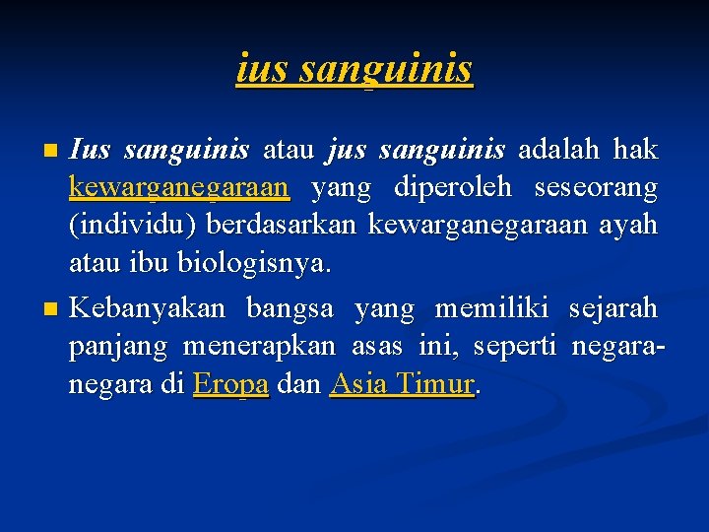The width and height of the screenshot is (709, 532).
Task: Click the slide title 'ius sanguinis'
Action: coord(354,69)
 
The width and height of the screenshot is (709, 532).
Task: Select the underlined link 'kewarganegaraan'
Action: coord(178,187)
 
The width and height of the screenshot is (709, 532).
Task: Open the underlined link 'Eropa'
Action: coord(231,384)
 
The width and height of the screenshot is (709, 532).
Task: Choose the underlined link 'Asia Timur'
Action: coord(403,384)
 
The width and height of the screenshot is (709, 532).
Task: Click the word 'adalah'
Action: coord(560,150)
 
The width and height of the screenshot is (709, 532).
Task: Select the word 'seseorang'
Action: coord(596,187)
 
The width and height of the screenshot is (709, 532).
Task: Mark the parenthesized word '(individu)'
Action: coord(134,225)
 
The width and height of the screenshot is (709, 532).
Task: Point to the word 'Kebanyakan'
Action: coord(147,309)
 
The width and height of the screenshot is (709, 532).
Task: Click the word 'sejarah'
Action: coord(612,309)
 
